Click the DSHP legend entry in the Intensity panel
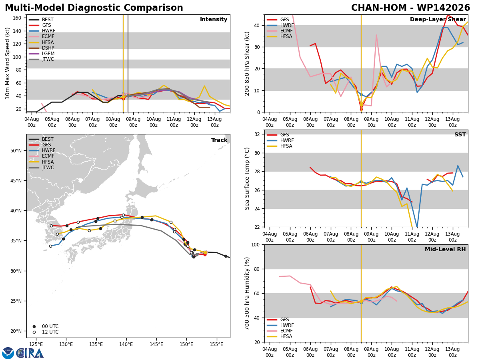[x=41, y=48]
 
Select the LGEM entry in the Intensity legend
[x=42, y=54]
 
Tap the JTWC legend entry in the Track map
[x=41, y=168]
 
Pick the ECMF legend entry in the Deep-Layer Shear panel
[x=280, y=31]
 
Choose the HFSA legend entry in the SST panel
[x=280, y=146]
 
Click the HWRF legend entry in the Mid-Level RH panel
[x=280, y=325]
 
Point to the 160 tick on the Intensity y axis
[x=17, y=18]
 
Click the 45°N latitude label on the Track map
[x=16, y=181]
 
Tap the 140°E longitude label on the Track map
[x=126, y=345]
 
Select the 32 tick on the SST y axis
[x=257, y=134]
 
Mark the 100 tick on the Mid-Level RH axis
[x=256, y=245]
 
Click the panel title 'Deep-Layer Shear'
[x=438, y=20]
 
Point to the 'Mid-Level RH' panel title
[x=445, y=249]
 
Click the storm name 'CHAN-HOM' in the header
[x=379, y=8]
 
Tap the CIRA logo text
[x=30, y=353]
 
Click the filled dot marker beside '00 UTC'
[x=34, y=326]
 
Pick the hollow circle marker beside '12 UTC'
[x=34, y=332]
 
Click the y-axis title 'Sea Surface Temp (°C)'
[x=247, y=178]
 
